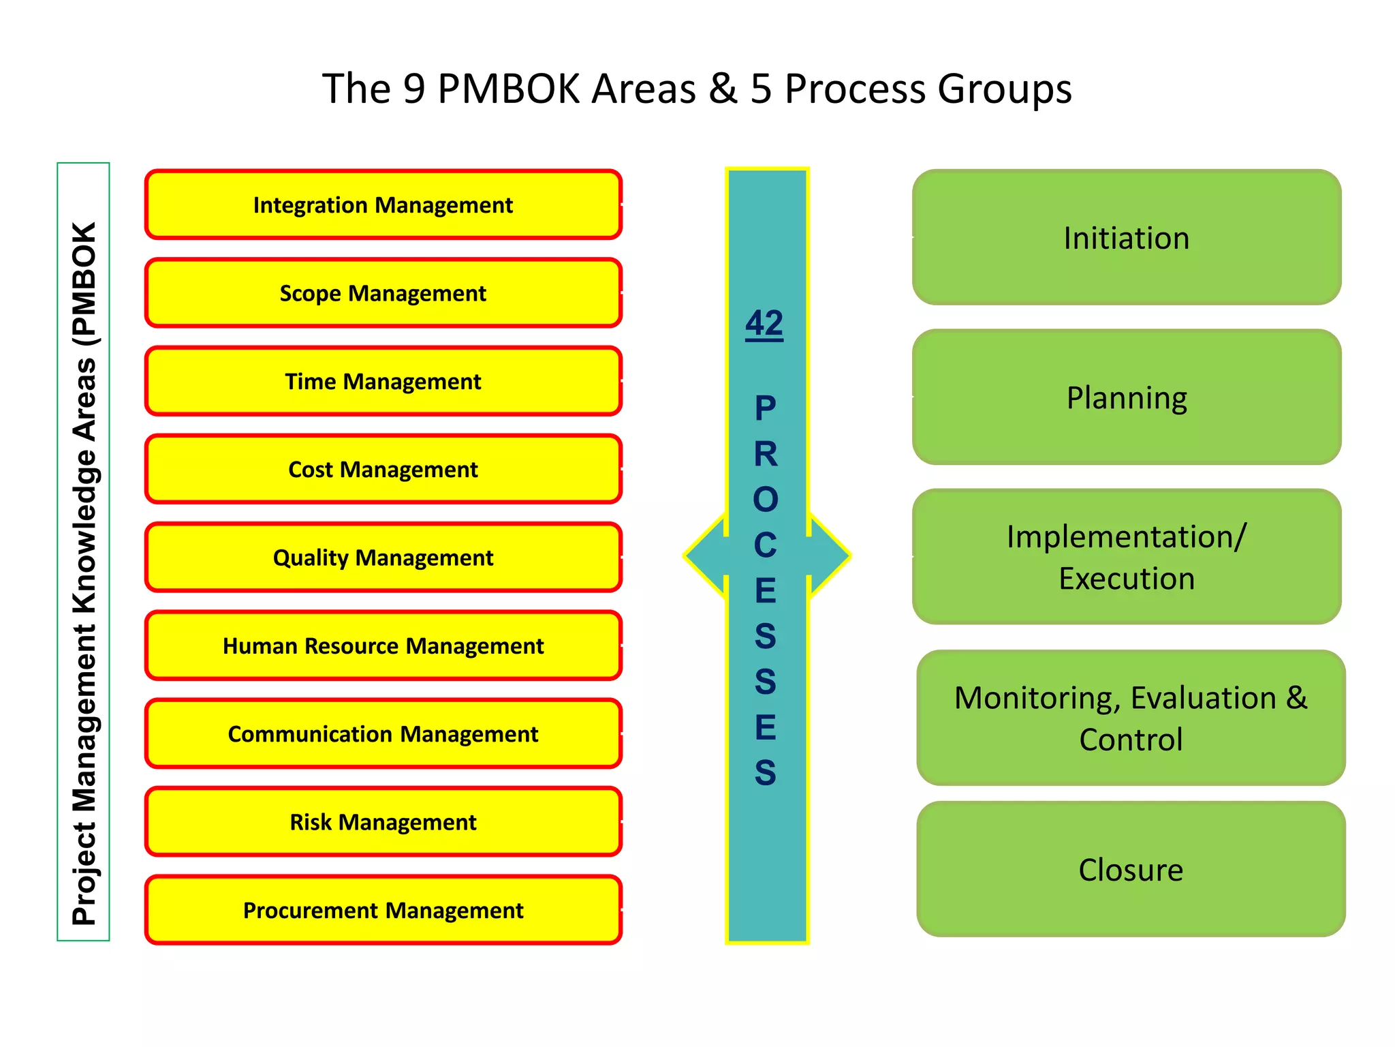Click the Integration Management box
(383, 204)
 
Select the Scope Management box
(383, 293)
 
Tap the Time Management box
(383, 381)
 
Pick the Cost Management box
(383, 469)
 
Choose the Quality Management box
(383, 557)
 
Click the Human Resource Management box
(383, 646)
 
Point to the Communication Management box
(383, 733)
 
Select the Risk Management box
(383, 821)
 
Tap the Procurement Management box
(383, 910)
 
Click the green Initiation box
(1127, 238)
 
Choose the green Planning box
(1127, 397)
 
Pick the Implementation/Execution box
(1127, 557)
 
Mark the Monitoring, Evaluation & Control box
(1131, 718)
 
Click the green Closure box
(1131, 869)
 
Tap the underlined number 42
(764, 323)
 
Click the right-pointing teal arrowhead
(830, 556)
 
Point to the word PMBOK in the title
(511, 89)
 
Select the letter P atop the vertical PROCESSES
(766, 408)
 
